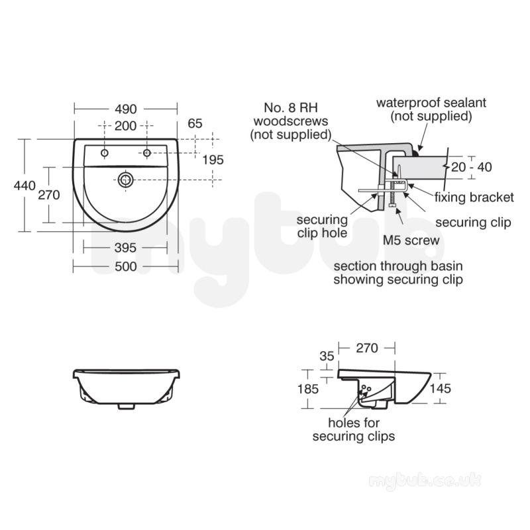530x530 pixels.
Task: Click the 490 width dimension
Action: click(126, 109)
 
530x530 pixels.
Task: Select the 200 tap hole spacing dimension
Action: click(125, 126)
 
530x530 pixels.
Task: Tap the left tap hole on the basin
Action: click(105, 153)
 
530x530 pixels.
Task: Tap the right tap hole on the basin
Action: click(146, 153)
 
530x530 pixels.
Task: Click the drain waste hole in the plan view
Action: click(126, 180)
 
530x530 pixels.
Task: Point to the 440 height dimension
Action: click(25, 185)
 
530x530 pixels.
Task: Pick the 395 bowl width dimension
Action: click(125, 248)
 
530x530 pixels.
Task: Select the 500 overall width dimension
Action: click(126, 267)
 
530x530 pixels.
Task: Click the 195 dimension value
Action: click(213, 160)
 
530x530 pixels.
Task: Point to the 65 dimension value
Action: click(195, 124)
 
